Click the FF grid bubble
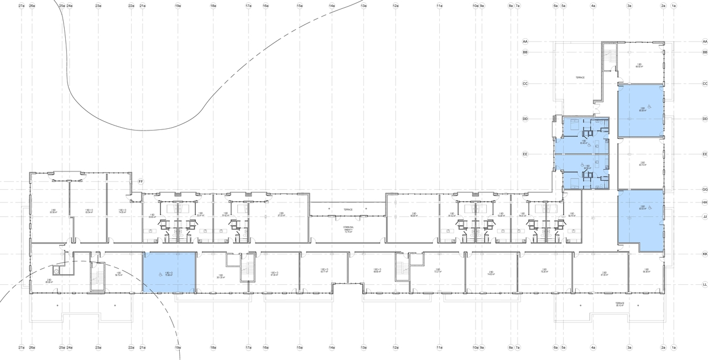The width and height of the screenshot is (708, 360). click(140, 181)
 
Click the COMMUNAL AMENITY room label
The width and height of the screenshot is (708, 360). click(348, 230)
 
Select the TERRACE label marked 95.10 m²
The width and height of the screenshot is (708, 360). click(620, 305)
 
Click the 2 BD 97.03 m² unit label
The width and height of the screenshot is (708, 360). click(281, 215)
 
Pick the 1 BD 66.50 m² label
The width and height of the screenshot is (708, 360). click(639, 65)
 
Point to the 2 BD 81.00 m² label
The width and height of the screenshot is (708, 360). click(604, 274)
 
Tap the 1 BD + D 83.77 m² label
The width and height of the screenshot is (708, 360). click(324, 271)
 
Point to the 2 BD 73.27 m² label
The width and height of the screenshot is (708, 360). click(437, 271)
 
